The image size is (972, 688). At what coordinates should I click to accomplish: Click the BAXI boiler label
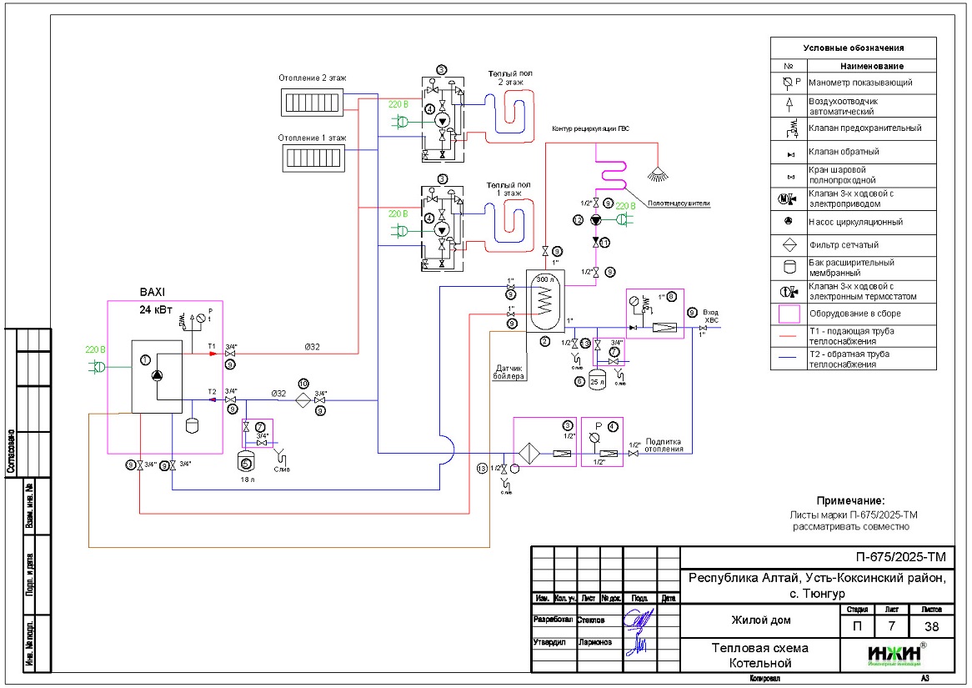153,292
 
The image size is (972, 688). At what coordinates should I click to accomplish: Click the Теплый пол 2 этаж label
510,78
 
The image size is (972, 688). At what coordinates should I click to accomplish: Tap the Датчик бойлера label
511,371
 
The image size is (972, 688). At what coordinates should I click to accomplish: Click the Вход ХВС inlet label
710,315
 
